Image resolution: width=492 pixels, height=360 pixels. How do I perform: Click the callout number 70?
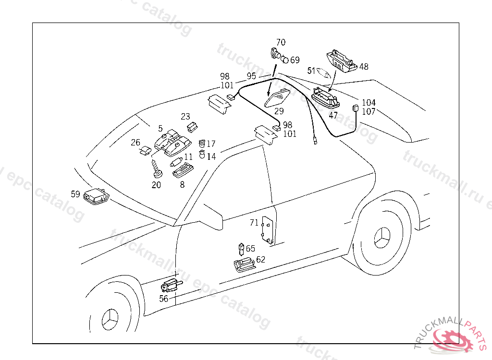[x=281, y=42]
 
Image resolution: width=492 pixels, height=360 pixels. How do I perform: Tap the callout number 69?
[x=295, y=60]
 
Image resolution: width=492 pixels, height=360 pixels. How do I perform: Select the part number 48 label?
[x=364, y=67]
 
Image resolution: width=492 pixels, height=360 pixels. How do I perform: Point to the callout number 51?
[x=311, y=71]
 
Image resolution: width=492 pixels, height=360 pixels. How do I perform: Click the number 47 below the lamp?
[x=333, y=115]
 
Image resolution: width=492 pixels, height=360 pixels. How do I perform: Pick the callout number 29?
[x=279, y=111]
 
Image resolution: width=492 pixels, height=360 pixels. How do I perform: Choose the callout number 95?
[x=252, y=76]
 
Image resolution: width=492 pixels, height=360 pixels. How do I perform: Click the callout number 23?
[x=185, y=116]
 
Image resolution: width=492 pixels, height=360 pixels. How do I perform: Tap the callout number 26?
[x=135, y=142]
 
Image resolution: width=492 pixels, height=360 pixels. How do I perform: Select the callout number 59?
[x=75, y=194]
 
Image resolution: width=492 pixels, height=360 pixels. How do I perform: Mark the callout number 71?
[x=254, y=222]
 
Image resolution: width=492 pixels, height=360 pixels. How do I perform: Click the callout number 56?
[x=164, y=299]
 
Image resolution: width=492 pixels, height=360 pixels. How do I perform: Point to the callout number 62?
[x=260, y=260]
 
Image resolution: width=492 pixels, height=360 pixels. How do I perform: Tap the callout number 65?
[x=250, y=249]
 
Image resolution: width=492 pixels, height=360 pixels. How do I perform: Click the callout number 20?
[x=156, y=185]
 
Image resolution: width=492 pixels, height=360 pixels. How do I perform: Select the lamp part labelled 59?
[x=96, y=196]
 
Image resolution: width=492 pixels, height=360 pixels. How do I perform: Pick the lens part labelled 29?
[x=278, y=98]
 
